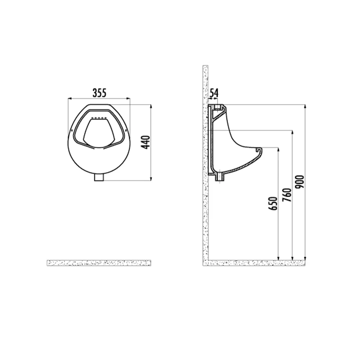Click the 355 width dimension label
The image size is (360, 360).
(x=99, y=93)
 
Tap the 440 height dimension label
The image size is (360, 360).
(x=146, y=142)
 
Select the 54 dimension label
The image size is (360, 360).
(x=214, y=93)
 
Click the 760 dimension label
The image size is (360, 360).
(x=287, y=195)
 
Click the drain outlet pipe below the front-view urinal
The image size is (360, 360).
(x=99, y=177)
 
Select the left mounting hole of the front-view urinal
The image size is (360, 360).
(x=72, y=130)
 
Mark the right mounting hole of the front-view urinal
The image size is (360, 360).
(x=126, y=130)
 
